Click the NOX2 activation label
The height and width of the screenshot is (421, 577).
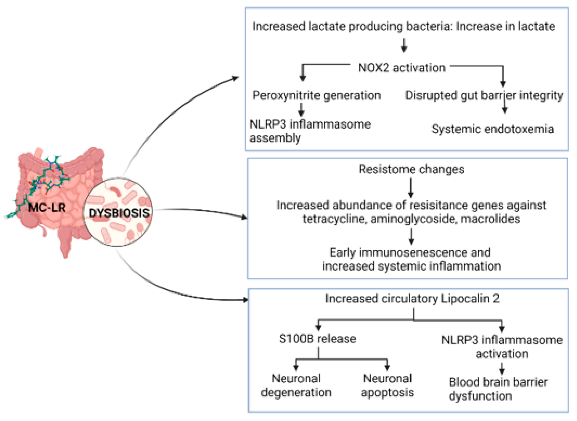(x=402, y=68)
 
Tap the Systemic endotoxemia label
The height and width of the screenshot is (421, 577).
(x=492, y=129)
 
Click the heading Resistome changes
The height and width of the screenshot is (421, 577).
(x=411, y=169)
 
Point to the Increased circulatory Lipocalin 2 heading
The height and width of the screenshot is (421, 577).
(x=412, y=299)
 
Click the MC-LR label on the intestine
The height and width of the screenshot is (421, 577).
(x=47, y=208)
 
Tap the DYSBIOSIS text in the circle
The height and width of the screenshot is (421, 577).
(x=119, y=213)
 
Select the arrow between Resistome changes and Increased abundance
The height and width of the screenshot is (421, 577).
(x=410, y=188)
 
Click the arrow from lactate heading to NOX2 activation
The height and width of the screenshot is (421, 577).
(x=404, y=45)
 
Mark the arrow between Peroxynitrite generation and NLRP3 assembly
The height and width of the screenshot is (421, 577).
(x=301, y=109)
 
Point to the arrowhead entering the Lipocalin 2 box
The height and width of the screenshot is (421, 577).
(x=245, y=300)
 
